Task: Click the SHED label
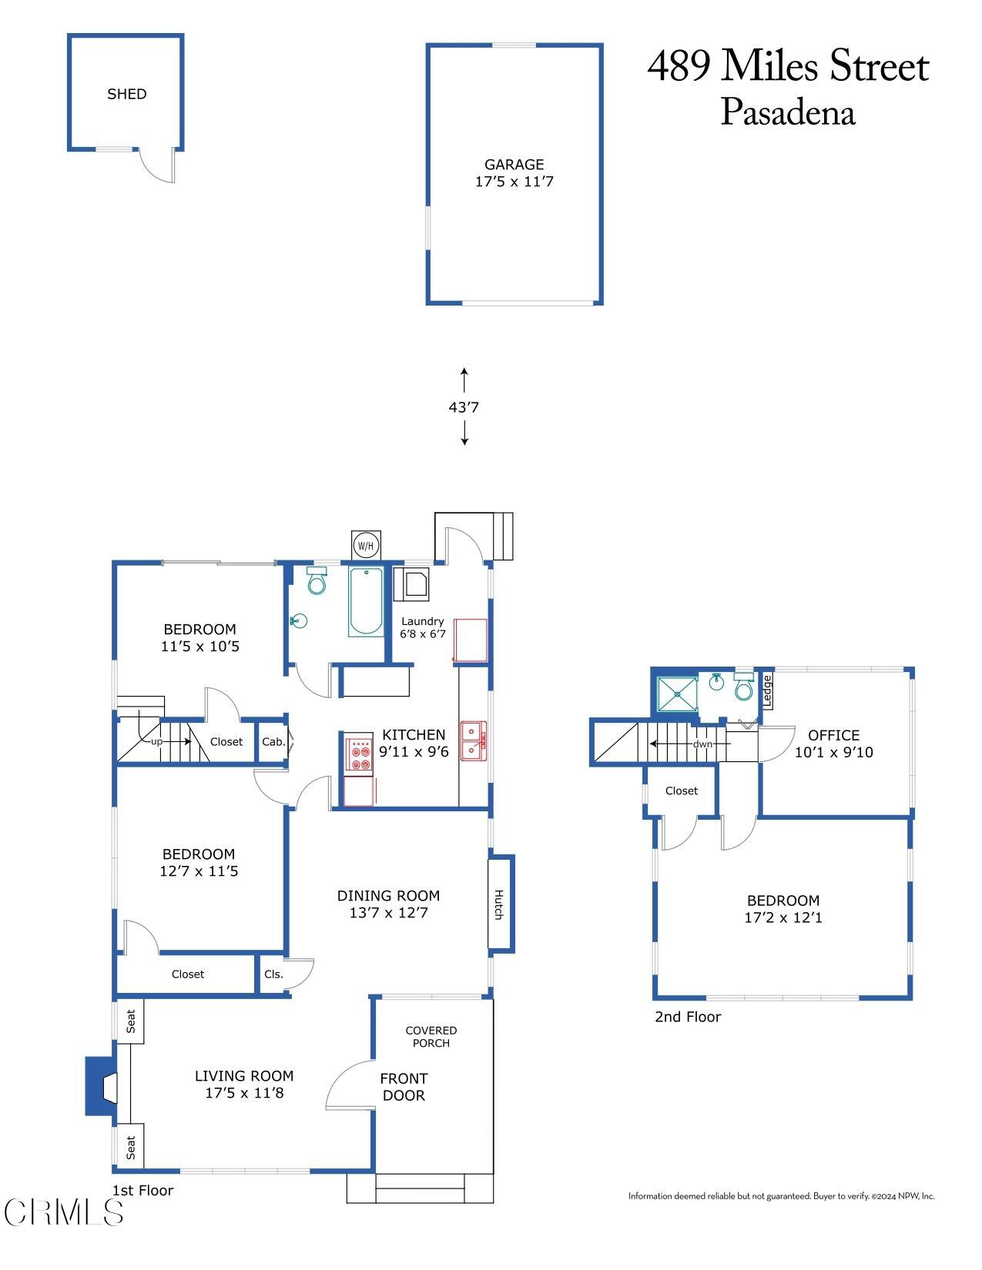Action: [126, 94]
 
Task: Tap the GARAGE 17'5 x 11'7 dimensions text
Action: [514, 182]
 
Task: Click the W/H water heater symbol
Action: [366, 546]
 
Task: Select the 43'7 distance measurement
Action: [464, 407]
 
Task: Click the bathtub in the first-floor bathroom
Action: [366, 601]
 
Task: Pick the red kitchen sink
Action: [473, 740]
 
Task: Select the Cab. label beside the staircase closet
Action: [273, 742]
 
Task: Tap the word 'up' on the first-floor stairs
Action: [157, 742]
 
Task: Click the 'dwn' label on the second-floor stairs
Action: [702, 744]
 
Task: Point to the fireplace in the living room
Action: [102, 1086]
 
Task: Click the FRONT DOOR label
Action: [404, 1087]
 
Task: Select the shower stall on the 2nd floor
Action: [677, 693]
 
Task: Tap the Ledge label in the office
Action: [767, 690]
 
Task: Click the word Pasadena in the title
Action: [788, 112]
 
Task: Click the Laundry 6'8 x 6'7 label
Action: [422, 627]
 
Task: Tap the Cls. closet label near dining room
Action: [273, 974]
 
